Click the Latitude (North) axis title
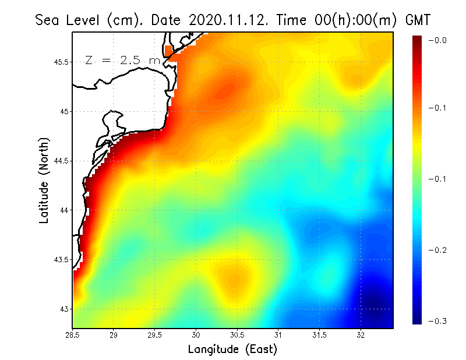pyautogui.click(x=44, y=180)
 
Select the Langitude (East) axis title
pyautogui.click(x=232, y=350)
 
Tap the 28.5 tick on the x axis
pyautogui.click(x=73, y=335)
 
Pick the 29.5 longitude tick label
pyautogui.click(x=154, y=335)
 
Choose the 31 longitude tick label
pyautogui.click(x=278, y=335)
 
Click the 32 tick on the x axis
pyautogui.click(x=361, y=335)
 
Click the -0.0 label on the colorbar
pyautogui.click(x=437, y=40)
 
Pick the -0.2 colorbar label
pyautogui.click(x=437, y=250)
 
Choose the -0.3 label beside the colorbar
pyautogui.click(x=437, y=321)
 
